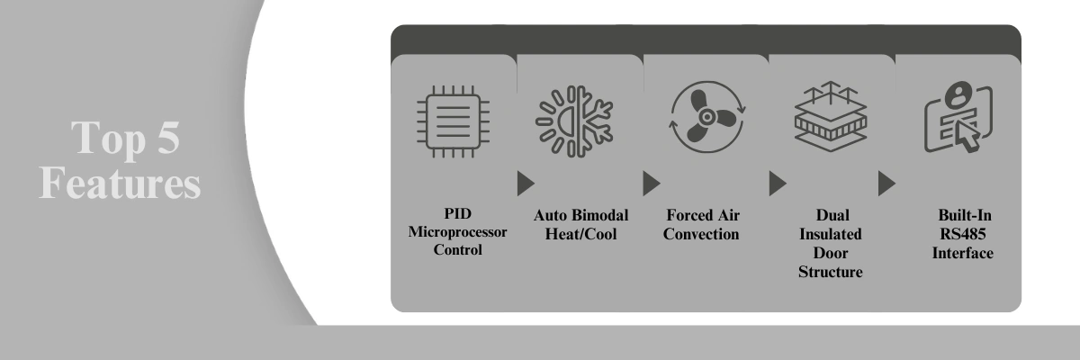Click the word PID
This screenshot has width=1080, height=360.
(x=457, y=215)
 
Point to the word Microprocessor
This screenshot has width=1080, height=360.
(x=457, y=232)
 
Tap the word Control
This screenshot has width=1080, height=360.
(x=457, y=250)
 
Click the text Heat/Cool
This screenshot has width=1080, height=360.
(x=580, y=235)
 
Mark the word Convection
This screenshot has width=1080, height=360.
(x=706, y=235)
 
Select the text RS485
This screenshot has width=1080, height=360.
(x=962, y=235)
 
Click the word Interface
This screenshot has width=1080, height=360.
(x=962, y=253)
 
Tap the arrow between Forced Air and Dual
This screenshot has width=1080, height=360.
(x=777, y=184)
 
